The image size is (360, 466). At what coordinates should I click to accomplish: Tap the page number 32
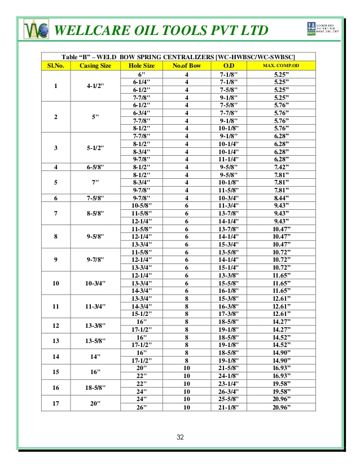(x=179, y=437)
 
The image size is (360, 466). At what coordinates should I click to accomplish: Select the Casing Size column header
(x=95, y=66)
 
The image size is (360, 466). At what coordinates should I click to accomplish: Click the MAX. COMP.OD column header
(x=280, y=66)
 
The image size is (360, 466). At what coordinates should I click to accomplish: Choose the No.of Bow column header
(x=186, y=66)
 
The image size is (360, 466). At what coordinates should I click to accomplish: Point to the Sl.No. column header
(x=55, y=66)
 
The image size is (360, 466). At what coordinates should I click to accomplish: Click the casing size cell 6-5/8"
(x=95, y=167)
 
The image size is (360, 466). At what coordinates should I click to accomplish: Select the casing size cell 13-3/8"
(x=95, y=326)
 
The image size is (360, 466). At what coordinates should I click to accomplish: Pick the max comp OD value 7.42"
(x=280, y=167)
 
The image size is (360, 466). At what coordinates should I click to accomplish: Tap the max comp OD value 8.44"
(x=280, y=198)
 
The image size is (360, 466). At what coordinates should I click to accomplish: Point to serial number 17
(x=55, y=403)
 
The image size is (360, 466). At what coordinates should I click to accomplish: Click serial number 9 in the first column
(x=55, y=260)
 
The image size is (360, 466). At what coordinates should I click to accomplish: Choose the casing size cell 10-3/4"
(x=95, y=283)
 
